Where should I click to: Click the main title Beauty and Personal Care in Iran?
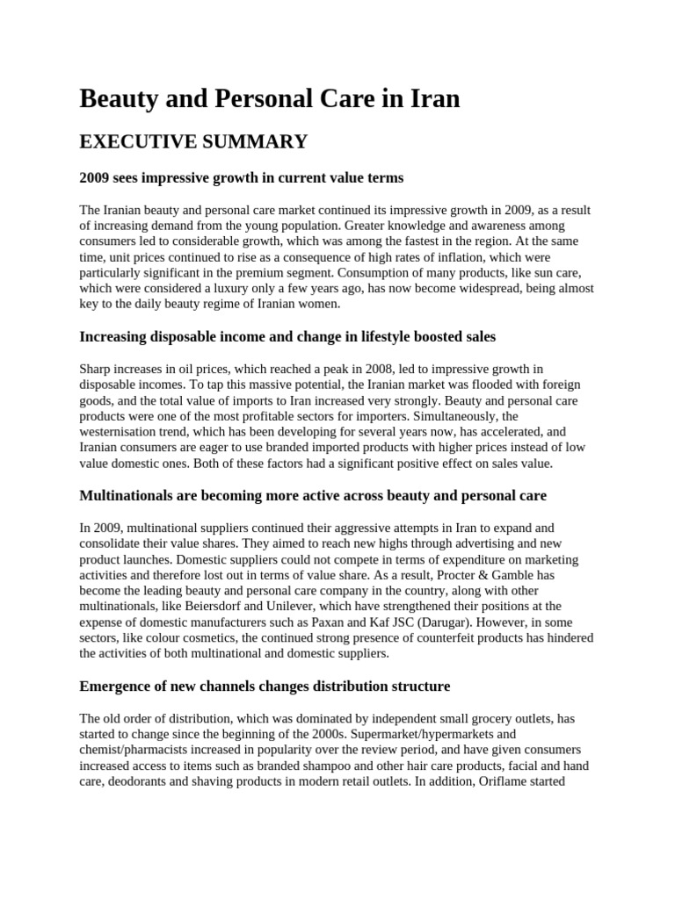tap(270, 98)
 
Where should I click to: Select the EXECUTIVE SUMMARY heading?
tap(193, 141)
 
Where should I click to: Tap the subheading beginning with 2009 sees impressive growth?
tap(242, 177)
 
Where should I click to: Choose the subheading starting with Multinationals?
tap(313, 495)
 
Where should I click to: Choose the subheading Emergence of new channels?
tap(265, 686)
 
